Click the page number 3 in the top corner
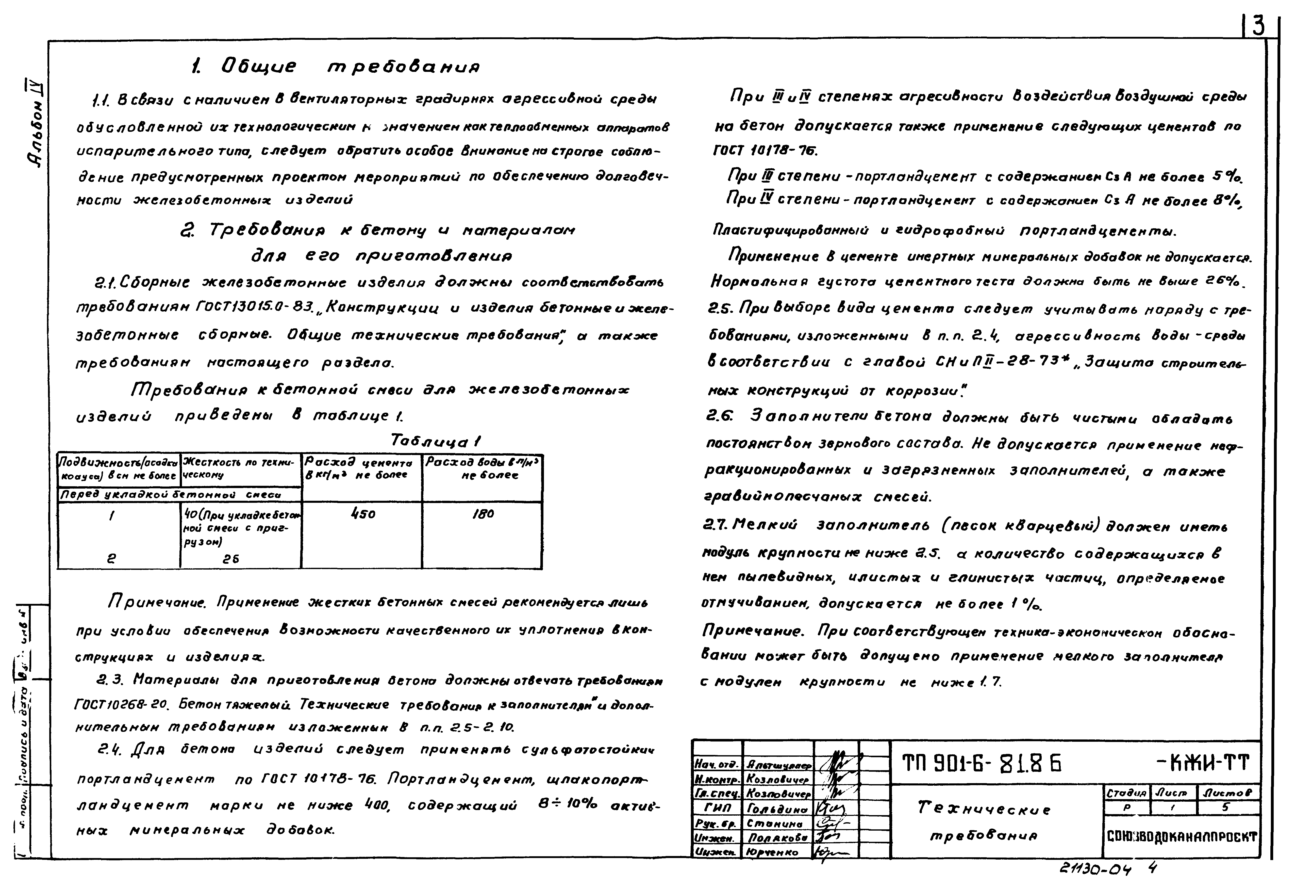(1258, 26)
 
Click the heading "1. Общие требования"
(334, 67)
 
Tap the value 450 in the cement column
(363, 514)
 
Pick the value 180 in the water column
(483, 514)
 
